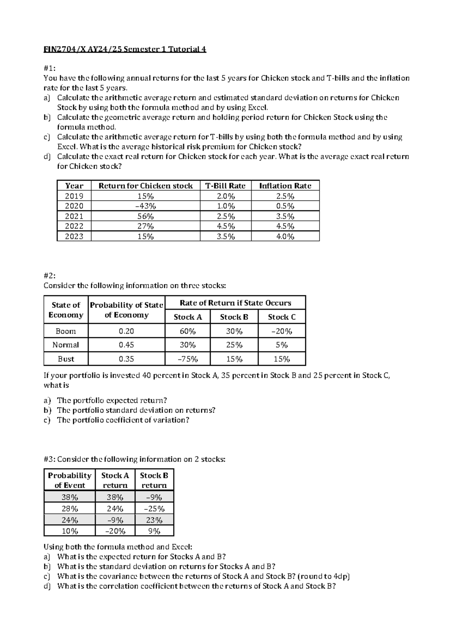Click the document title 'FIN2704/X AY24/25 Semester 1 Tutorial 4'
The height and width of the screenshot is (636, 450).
(125, 49)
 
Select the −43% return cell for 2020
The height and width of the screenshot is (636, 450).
(145, 206)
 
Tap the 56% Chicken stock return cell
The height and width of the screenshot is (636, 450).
(145, 216)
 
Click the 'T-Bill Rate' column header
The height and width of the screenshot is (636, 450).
(225, 186)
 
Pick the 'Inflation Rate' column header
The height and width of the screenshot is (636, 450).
(285, 186)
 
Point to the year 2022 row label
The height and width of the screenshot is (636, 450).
(74, 226)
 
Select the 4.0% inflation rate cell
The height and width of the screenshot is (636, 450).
(285, 236)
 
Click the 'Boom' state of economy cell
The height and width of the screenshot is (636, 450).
(66, 331)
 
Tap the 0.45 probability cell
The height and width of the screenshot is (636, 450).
(126, 345)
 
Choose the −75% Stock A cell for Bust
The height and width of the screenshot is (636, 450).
(187, 359)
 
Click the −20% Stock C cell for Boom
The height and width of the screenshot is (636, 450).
(282, 331)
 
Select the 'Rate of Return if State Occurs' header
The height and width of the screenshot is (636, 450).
(235, 303)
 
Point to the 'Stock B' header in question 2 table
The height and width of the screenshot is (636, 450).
(234, 317)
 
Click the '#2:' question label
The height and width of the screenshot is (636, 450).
(49, 275)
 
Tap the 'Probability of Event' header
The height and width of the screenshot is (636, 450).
(70, 480)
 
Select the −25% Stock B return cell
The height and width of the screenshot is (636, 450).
(154, 509)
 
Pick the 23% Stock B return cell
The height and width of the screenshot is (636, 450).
(154, 520)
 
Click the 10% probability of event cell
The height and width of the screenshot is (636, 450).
(70, 531)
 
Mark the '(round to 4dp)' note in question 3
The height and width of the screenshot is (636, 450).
(324, 576)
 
